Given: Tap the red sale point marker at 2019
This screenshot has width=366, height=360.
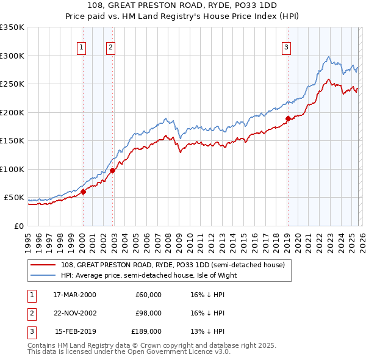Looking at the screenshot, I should tap(287, 119).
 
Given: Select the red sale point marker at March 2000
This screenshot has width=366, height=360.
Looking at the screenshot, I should tap(83, 192).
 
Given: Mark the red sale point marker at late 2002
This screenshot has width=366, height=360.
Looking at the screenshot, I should tap(113, 171).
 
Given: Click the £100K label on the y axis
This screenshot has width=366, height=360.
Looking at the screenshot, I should tap(12, 170).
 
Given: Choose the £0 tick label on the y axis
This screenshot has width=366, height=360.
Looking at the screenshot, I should tap(18, 226).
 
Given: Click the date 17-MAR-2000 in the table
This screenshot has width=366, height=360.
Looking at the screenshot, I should tap(74, 294).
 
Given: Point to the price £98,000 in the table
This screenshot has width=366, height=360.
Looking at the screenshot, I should tap(148, 313).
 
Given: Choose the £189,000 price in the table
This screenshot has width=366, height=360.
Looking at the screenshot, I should tap(146, 332).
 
